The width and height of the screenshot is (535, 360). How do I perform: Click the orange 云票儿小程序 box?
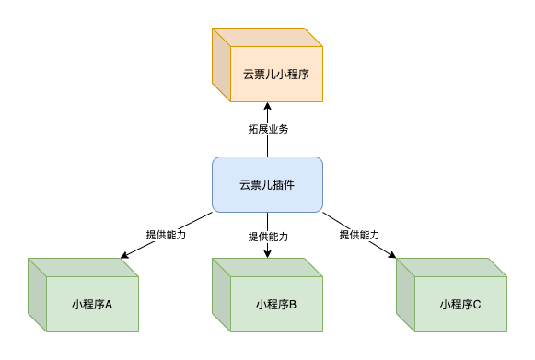coord(275,74)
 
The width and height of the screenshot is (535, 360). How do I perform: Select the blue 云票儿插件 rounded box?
coord(267,184)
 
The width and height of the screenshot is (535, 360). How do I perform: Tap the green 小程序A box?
coord(92,304)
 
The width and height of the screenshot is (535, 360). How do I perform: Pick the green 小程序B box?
coord(276,304)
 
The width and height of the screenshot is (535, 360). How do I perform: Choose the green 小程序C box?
coord(460,304)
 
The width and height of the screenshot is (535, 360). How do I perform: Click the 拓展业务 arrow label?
coord(268,129)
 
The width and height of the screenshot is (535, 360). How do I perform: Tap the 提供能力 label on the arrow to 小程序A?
coord(166,235)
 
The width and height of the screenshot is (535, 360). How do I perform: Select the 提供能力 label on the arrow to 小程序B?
coord(268,237)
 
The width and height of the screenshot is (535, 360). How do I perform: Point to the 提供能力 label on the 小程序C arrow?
coord(359,235)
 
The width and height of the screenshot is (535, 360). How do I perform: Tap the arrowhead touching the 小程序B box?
coord(267,253)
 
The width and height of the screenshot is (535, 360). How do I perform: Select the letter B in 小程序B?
coord(292,305)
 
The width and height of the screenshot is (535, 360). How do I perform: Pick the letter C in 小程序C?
coord(476,305)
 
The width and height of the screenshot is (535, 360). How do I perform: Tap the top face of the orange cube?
coord(267,37)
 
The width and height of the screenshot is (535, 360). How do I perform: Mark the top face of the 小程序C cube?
coord(451,267)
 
